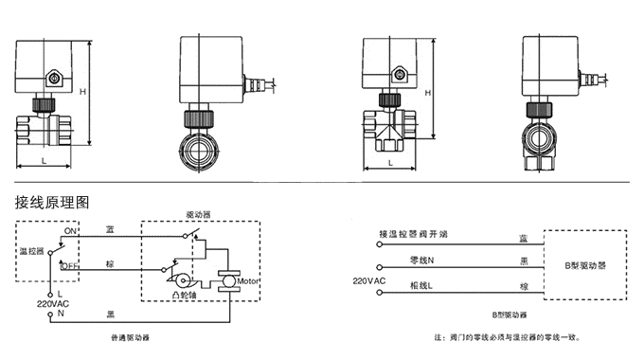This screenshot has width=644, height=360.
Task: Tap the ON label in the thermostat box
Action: (x=69, y=231)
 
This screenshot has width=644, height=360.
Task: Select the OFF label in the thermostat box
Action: (x=69, y=267)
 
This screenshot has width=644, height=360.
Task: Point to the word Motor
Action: (x=248, y=280)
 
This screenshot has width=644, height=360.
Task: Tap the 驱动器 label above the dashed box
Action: (x=199, y=215)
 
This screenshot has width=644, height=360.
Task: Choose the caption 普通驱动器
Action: (x=130, y=337)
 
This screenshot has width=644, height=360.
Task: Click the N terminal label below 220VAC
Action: (x=60, y=315)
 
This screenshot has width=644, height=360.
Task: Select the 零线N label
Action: (x=420, y=260)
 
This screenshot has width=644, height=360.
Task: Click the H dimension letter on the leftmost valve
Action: (x=83, y=91)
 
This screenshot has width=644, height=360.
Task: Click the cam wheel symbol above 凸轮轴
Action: (x=178, y=280)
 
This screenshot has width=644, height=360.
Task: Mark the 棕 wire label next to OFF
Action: (x=111, y=262)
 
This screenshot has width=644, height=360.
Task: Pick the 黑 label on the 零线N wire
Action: (x=524, y=261)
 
